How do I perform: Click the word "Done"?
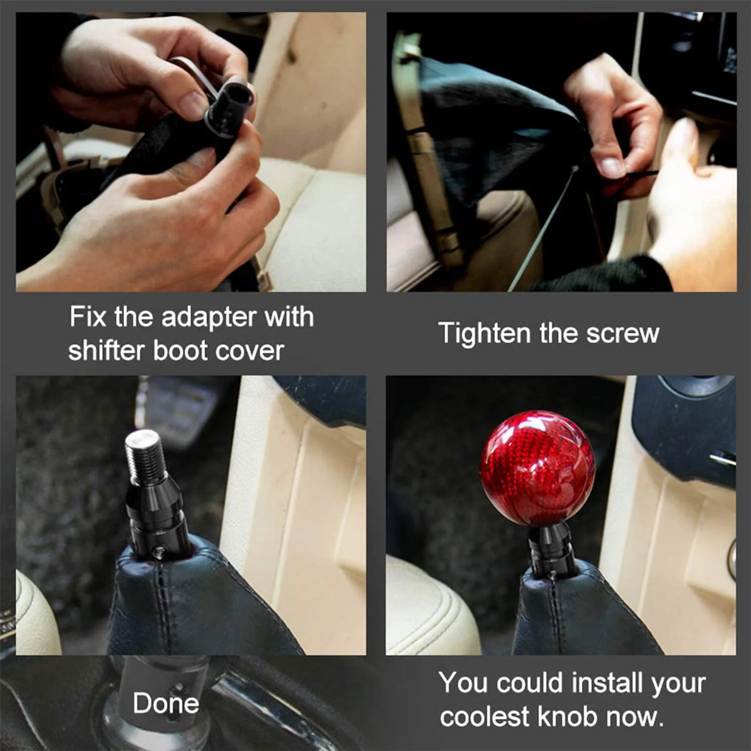click(166, 703)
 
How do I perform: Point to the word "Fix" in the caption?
click(87, 317)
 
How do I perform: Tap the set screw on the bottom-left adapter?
click(159, 551)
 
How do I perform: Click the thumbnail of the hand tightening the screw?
click(561, 152)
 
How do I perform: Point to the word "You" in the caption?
click(463, 683)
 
